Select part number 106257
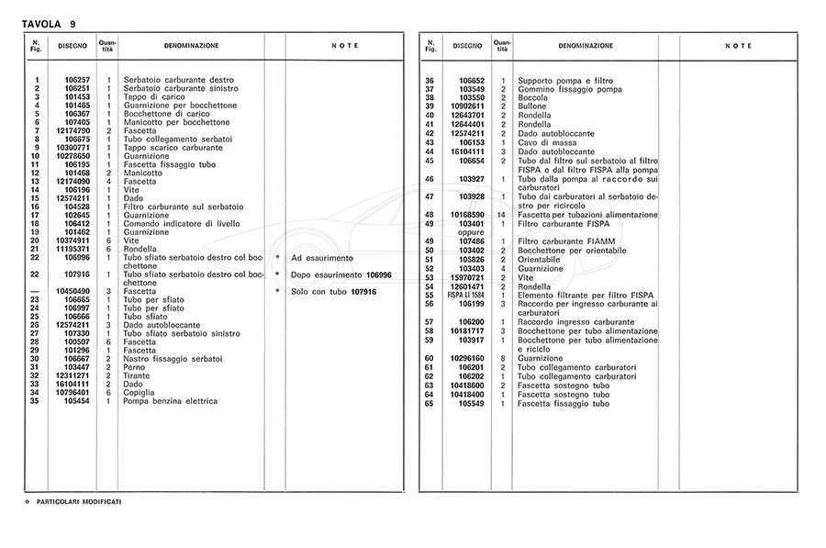(76, 81)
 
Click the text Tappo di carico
(156, 97)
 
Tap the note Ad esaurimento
(321, 258)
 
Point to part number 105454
(76, 401)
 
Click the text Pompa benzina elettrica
(172, 401)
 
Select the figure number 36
(429, 81)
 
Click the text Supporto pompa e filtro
(565, 81)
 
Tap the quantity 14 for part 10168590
(502, 215)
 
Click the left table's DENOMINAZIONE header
(191, 45)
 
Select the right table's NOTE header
(738, 45)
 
